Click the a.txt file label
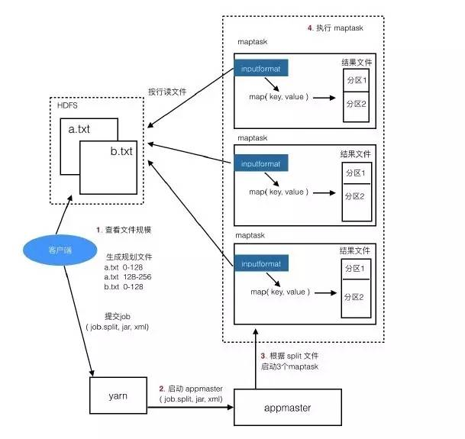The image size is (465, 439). tap(79, 130)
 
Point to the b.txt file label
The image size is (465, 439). tap(122, 152)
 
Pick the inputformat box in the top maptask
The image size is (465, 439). tap(261, 70)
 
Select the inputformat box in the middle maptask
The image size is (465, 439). tap(261, 163)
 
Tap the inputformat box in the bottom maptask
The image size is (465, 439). tap(261, 264)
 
